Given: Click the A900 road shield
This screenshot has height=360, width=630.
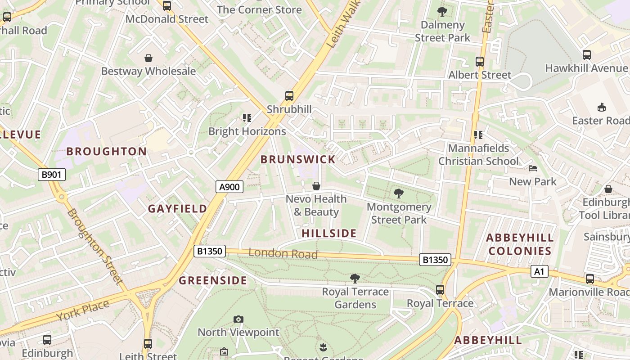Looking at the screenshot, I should [x=229, y=187].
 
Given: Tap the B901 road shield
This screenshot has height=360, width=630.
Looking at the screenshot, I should [x=51, y=175].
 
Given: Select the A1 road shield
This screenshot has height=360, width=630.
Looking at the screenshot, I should [x=540, y=271].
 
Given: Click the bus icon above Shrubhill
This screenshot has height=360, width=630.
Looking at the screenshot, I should [x=289, y=95].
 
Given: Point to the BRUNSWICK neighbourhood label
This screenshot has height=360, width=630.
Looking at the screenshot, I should [x=298, y=159].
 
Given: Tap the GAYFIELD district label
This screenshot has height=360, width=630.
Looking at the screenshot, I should [x=177, y=209].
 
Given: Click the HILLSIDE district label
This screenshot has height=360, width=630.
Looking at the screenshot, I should [x=329, y=233].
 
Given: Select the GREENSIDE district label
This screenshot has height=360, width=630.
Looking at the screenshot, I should [x=213, y=281].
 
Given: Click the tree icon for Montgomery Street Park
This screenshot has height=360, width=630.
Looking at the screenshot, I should [x=398, y=193].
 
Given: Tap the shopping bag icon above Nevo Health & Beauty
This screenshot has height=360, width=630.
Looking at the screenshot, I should [x=316, y=186].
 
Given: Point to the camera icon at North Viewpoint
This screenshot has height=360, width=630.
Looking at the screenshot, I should [x=238, y=319].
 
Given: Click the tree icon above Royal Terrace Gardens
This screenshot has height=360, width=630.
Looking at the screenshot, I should [x=355, y=278].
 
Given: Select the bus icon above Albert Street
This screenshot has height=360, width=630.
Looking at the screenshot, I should [x=480, y=62].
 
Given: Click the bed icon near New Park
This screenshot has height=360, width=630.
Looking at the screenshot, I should [x=533, y=168].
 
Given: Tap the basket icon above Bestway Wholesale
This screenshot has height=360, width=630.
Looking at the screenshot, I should [x=148, y=58].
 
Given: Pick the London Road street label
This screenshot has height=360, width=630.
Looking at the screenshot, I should [x=283, y=253].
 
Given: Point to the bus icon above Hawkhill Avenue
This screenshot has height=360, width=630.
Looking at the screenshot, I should [x=587, y=55].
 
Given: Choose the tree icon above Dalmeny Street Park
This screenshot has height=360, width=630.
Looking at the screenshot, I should [x=442, y=12].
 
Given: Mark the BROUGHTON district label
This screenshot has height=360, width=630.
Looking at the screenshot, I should [x=107, y=152].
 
